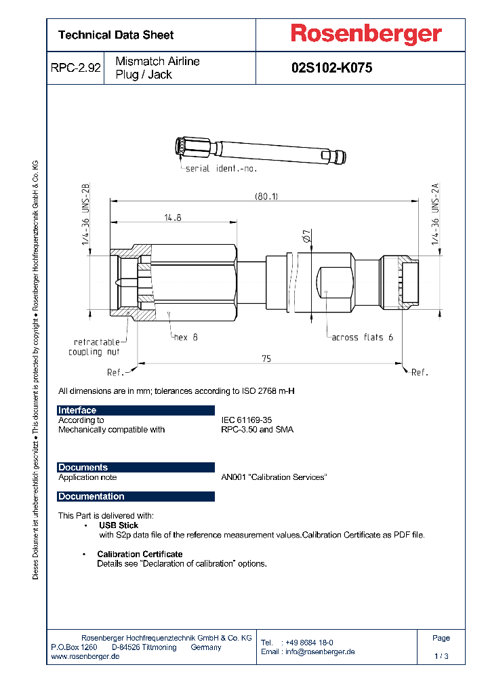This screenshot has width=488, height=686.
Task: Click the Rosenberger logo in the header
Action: [x=366, y=34]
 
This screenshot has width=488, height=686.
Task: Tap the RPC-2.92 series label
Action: [x=75, y=68]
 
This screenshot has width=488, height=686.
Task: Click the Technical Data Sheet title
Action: [x=116, y=35]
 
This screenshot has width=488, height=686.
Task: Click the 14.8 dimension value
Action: [x=172, y=218]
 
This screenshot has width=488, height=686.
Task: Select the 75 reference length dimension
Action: [x=266, y=359]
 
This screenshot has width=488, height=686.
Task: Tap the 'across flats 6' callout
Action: [x=362, y=337]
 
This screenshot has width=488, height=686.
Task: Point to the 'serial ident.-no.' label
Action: [x=221, y=168]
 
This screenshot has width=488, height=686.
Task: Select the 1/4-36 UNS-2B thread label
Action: [x=85, y=216]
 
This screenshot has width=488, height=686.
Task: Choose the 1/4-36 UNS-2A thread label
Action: [x=436, y=216]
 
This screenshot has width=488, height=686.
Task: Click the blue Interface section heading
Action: [x=77, y=410]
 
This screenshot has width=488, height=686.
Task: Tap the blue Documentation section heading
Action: [x=91, y=496]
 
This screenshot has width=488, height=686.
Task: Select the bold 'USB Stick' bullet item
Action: [x=119, y=525]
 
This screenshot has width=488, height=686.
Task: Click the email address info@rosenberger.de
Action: [x=319, y=651]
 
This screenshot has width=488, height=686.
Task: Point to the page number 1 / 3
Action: [x=441, y=656]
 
